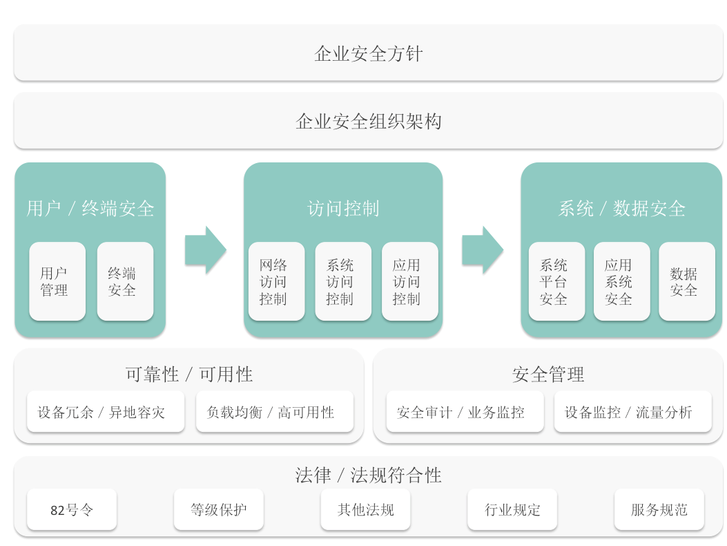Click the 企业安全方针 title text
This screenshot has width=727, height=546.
(x=368, y=54)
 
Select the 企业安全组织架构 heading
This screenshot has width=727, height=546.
(x=368, y=122)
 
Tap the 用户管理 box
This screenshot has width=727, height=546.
(x=57, y=281)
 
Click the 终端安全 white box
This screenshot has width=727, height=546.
(x=125, y=281)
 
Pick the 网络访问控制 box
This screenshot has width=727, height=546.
(x=276, y=281)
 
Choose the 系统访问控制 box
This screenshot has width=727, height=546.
(x=343, y=281)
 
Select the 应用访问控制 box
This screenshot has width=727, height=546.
(x=410, y=281)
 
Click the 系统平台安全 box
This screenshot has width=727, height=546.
(x=557, y=281)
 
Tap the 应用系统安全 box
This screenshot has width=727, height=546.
(x=622, y=281)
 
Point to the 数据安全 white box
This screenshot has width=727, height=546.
(x=687, y=281)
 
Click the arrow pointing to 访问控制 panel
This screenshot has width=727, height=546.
(x=206, y=250)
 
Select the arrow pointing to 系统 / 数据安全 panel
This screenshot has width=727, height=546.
(x=483, y=250)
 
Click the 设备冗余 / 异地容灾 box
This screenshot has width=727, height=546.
(x=106, y=412)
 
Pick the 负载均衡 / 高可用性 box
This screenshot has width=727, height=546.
(x=275, y=412)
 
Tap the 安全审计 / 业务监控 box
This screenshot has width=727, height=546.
(x=465, y=412)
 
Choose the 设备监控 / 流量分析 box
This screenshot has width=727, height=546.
(x=633, y=412)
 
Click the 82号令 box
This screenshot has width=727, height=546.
(x=72, y=509)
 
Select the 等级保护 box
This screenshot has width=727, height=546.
(x=219, y=509)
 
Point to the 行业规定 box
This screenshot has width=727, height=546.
(x=512, y=509)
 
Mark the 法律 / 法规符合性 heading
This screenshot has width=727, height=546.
(x=368, y=475)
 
